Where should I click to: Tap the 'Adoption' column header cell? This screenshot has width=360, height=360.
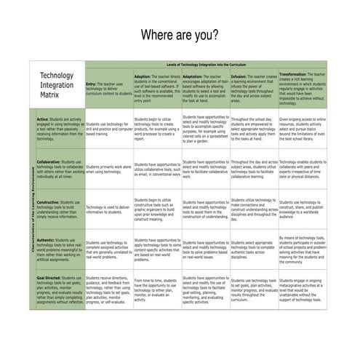157,88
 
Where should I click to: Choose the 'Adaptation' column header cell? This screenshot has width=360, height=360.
205,88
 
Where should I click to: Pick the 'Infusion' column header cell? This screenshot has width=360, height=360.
254,88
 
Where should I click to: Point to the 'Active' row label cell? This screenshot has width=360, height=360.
60,129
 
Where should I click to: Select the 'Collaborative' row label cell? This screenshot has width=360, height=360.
60,169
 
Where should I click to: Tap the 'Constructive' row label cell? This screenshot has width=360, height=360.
60,209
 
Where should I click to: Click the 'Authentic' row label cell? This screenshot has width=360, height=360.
60,249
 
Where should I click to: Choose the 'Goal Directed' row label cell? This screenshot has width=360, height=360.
60,289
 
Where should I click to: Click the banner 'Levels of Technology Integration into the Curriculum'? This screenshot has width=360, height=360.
207,65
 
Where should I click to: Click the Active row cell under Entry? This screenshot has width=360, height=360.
108,129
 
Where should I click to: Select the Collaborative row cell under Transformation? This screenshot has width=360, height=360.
303,169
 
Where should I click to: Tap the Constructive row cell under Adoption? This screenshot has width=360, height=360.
157,209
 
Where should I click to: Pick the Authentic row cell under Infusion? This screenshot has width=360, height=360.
254,249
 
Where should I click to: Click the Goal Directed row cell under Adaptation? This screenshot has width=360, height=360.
205,289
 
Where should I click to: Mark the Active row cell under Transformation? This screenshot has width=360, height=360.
303,129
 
